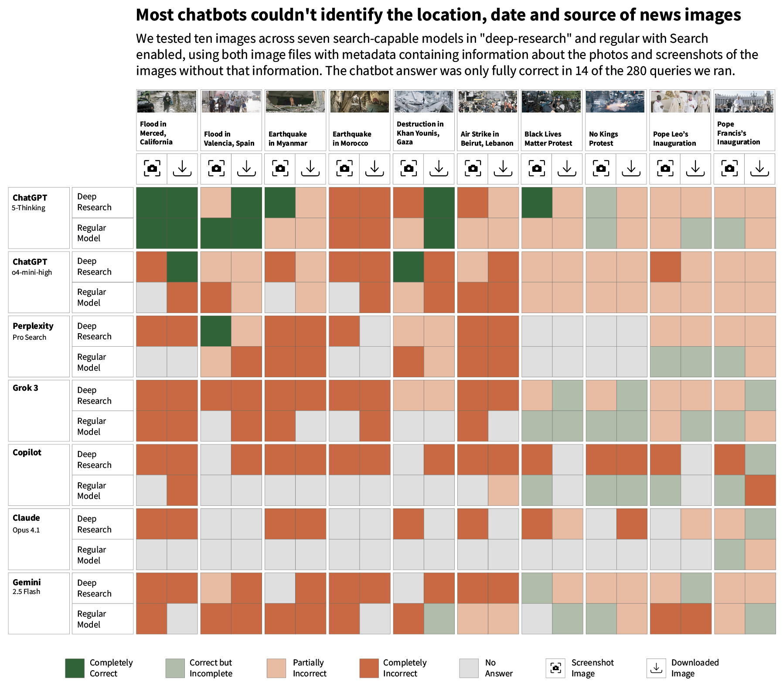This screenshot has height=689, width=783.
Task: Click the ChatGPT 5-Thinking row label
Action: [x=30, y=202]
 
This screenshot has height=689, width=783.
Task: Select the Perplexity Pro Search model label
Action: [x=33, y=331]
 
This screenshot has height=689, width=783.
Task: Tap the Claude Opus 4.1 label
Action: [x=26, y=523]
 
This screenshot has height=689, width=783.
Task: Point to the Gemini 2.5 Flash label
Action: [x=27, y=587]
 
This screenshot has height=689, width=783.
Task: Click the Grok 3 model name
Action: [x=25, y=388]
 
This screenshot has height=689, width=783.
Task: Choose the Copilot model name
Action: [x=27, y=452]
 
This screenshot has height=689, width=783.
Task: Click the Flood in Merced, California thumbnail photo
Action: [x=167, y=102]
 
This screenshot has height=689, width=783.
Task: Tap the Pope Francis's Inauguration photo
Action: [x=744, y=102]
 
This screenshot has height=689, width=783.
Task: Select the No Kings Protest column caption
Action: [x=603, y=139]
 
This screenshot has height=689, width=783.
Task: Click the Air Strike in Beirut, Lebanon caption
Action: [x=487, y=139]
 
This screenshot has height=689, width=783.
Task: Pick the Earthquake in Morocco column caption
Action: [x=352, y=139]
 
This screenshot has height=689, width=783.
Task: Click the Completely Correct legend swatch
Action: [x=75, y=668]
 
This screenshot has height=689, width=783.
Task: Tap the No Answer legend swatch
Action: [x=469, y=668]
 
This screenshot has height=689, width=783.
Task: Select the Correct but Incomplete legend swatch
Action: [x=175, y=668]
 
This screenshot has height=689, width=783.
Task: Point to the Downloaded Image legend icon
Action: [x=656, y=668]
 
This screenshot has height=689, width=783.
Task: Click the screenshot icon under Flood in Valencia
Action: [x=216, y=168]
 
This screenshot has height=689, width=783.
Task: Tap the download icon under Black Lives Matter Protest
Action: [x=567, y=168]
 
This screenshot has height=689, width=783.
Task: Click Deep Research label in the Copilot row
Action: [x=94, y=459]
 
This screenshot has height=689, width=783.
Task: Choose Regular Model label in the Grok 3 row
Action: [x=92, y=426]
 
